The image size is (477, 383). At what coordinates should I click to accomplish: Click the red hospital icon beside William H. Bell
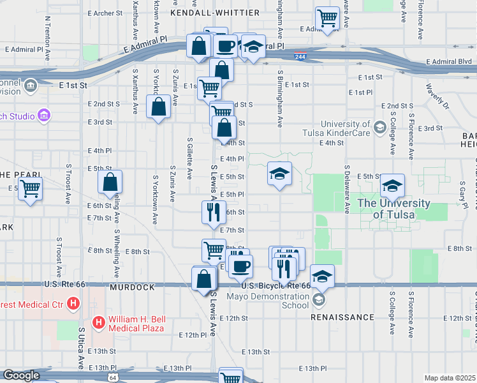99,322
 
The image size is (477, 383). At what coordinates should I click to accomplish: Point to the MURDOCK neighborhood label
132,288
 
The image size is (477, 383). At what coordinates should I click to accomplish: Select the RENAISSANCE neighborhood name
342,317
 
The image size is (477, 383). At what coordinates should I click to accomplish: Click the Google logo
21,375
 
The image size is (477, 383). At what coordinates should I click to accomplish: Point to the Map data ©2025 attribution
450,378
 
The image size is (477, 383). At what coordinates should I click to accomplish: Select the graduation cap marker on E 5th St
279,173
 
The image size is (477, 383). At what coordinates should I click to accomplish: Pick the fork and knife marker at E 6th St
214,211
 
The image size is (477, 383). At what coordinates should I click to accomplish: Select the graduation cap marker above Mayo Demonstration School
323,276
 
